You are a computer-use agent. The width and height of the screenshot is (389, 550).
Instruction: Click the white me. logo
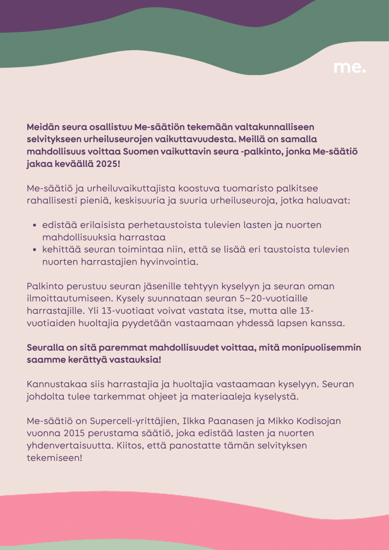pos(349,67)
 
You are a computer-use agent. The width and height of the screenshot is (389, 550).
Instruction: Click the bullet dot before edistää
pos(34,225)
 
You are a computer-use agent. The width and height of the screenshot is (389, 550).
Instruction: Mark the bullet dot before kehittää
pos(34,250)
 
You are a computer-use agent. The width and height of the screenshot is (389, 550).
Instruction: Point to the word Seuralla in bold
pos(45,347)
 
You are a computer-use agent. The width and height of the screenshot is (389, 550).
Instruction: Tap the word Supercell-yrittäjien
pos(134,421)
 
